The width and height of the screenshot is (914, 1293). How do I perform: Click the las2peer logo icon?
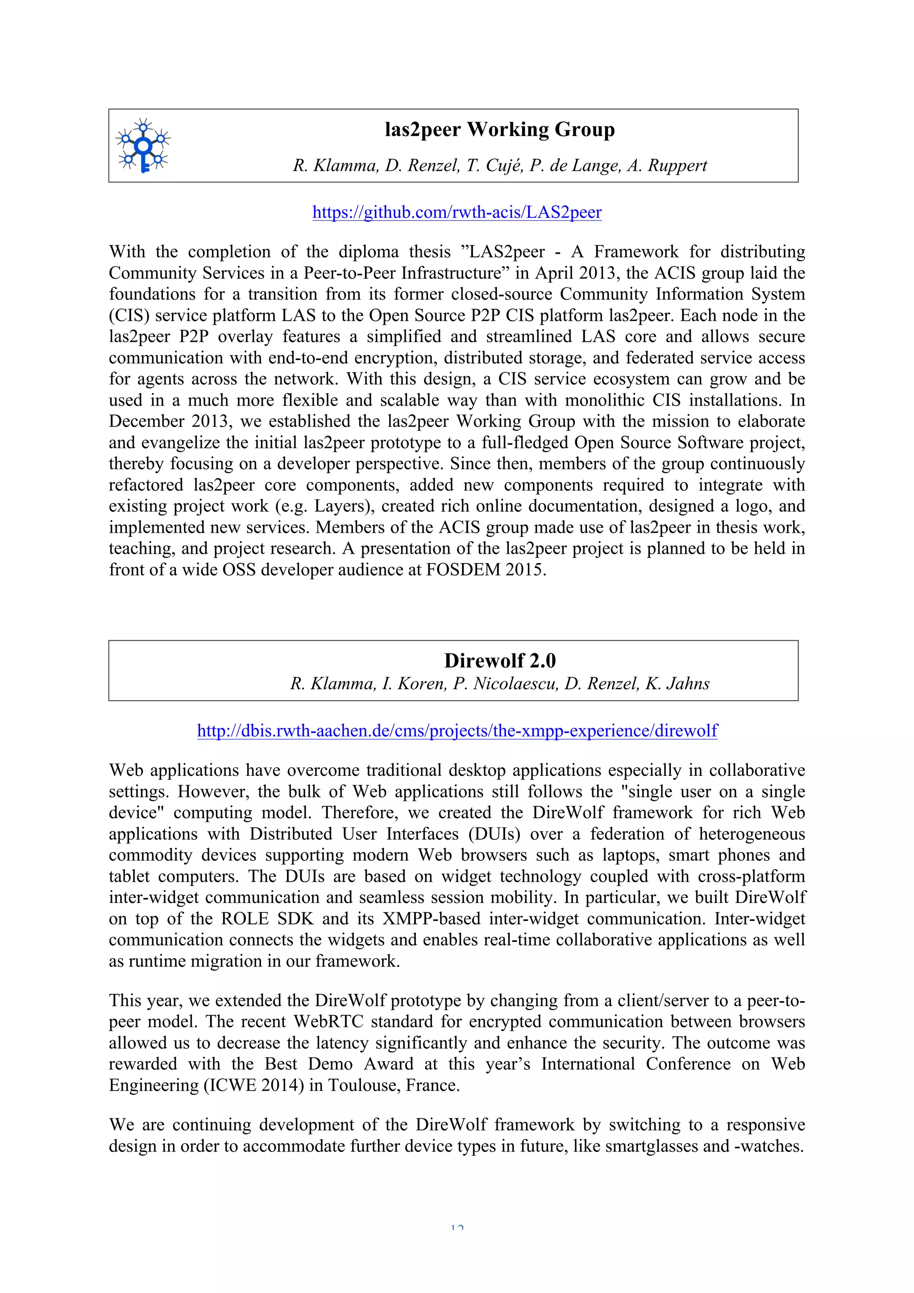(x=143, y=146)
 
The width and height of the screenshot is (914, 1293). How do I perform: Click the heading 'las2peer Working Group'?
(x=499, y=129)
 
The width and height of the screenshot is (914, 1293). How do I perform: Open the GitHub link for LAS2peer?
(x=457, y=212)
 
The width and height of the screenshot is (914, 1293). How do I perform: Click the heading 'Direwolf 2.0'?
(x=499, y=661)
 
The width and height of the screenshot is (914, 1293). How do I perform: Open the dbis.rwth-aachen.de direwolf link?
(x=457, y=731)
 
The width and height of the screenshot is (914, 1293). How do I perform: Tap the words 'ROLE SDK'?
(x=267, y=919)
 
